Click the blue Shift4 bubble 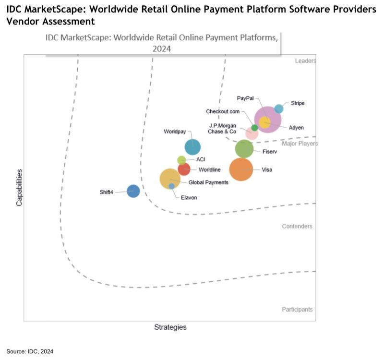click(133, 191)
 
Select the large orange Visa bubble click(241, 169)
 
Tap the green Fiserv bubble click(244, 149)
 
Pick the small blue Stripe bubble click(279, 108)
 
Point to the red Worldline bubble click(184, 169)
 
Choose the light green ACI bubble click(181, 160)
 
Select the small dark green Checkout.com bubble click(255, 128)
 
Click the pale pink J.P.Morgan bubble click(252, 134)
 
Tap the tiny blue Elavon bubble click(171, 186)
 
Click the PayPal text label click(245, 98)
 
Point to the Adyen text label click(296, 127)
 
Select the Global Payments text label click(208, 182)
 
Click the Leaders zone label click(305, 61)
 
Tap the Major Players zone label click(300, 144)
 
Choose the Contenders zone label click(297, 226)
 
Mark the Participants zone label click(297, 310)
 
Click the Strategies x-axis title click(170, 327)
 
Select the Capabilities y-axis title click(19, 187)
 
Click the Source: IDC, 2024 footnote click(30, 352)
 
